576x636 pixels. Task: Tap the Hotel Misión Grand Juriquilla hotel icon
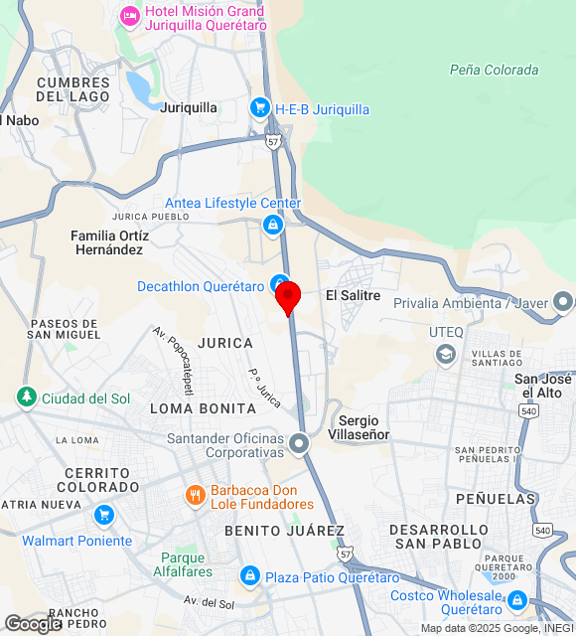coord(129,16)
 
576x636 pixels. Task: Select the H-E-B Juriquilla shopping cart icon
coord(260,108)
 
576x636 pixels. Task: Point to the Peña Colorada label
coord(494,70)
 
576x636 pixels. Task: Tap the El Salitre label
coord(354,295)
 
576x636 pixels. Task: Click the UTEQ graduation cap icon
coord(445,354)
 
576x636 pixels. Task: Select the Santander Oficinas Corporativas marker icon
coord(301,443)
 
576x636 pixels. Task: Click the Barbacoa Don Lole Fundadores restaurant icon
coord(195,494)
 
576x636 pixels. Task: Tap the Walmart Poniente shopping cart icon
coord(103,516)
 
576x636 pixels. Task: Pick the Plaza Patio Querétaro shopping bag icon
coord(249,576)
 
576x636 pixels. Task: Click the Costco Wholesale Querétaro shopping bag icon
coord(516,601)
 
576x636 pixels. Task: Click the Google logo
coord(33,623)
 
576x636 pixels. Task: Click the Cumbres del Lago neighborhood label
coord(72,89)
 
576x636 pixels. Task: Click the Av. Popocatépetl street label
coord(173,361)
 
